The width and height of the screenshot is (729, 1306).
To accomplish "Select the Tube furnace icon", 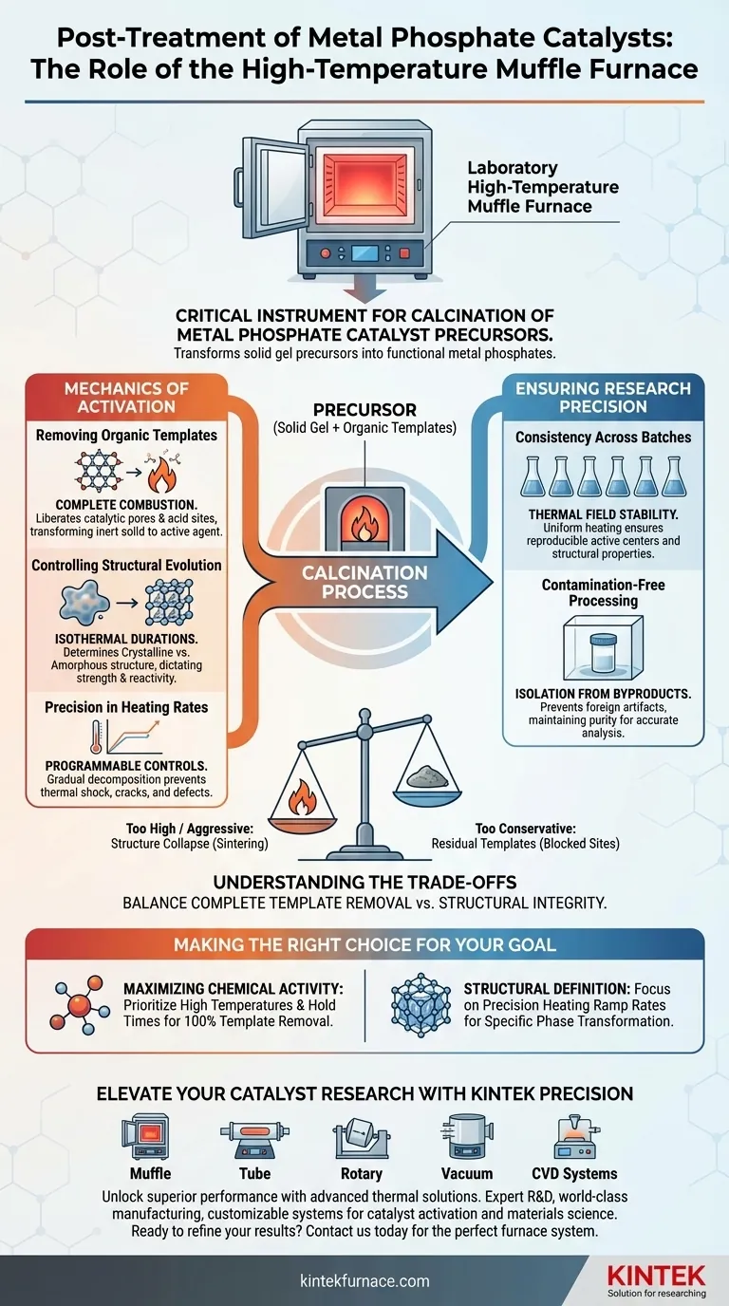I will (x=253, y=1139).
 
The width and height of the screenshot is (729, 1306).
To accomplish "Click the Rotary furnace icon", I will (x=362, y=1139).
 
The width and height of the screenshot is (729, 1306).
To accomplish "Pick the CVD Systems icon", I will (x=574, y=1139).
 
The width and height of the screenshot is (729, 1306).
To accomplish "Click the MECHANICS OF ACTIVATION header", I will (x=127, y=397).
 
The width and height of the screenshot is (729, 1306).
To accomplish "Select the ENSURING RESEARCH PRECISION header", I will (x=602, y=397).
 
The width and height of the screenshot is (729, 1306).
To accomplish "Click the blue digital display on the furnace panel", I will (x=364, y=252).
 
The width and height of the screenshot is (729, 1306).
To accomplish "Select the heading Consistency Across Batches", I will (x=603, y=438).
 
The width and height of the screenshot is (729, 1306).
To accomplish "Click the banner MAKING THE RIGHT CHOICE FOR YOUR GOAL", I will (x=364, y=945).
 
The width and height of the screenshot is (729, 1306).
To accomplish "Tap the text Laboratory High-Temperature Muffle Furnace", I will (x=542, y=186).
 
